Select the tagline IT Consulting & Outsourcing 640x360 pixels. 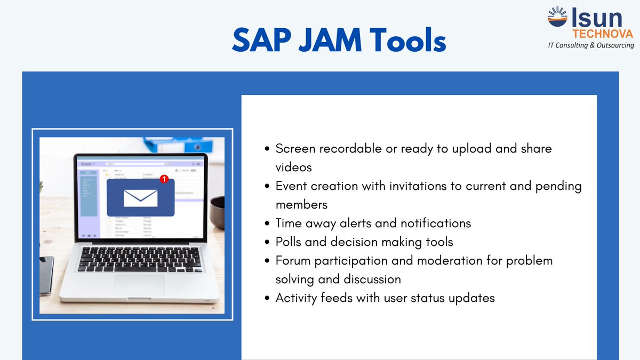pyautogui.click(x=591, y=45)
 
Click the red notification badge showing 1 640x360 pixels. pyautogui.click(x=164, y=179)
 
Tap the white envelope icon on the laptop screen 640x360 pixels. pyautogui.click(x=140, y=197)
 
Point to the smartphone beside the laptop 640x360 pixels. pyautogui.click(x=46, y=275)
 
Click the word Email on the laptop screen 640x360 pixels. pyautogui.click(x=86, y=164)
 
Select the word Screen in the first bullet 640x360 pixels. pyautogui.click(x=294, y=148)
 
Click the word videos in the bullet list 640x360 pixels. pyautogui.click(x=293, y=167)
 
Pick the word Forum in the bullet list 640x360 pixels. pyautogui.click(x=293, y=260)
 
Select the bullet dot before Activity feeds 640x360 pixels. pyautogui.click(x=268, y=298)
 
